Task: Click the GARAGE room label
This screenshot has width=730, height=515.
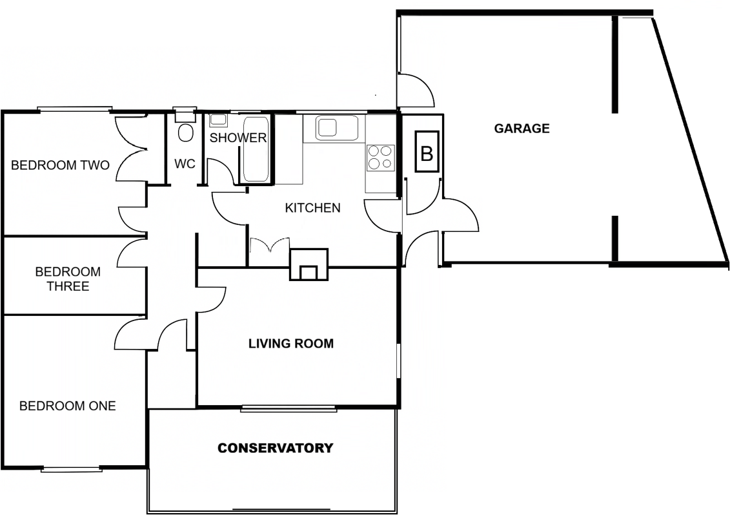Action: [x=522, y=128]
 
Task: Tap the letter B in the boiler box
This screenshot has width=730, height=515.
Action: [x=426, y=153]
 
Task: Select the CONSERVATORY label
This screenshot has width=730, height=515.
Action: [x=275, y=448]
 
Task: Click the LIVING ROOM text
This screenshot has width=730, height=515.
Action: [x=291, y=343]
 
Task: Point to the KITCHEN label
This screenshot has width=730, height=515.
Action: [x=312, y=208]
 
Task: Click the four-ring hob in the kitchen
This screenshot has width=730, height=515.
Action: [x=380, y=156]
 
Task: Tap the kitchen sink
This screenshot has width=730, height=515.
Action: [x=336, y=127]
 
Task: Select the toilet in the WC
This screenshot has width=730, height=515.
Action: [x=185, y=132]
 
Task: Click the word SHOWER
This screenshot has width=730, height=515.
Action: [x=238, y=138]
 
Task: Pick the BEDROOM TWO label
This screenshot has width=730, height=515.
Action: [x=60, y=165]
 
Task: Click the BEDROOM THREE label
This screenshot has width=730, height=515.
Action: [x=68, y=279]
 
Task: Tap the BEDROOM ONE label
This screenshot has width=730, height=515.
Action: [x=68, y=406]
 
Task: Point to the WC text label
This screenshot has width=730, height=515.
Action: [x=185, y=164]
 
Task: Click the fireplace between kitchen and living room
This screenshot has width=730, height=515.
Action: [x=309, y=266]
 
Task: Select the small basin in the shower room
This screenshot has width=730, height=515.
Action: [x=218, y=120]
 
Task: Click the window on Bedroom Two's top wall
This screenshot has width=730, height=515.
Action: [x=75, y=109]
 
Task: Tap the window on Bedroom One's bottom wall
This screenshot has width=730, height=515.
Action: [x=72, y=470]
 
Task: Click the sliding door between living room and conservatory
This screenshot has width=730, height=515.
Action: [x=289, y=408]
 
